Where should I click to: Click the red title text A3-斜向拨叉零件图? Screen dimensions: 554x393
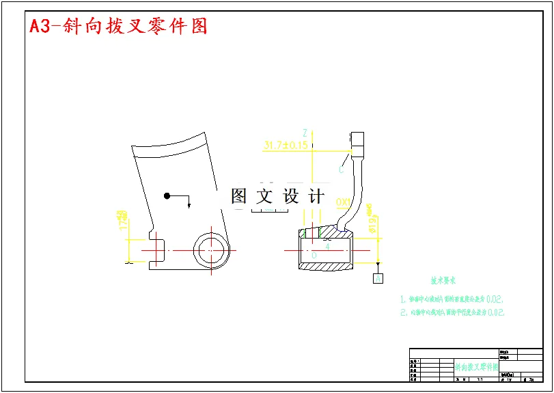[118, 27]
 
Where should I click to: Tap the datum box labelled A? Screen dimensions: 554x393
[378, 278]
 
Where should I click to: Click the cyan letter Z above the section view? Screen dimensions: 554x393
[305, 133]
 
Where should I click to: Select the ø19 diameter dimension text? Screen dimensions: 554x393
[372, 219]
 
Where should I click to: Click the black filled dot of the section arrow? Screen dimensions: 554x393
[167, 196]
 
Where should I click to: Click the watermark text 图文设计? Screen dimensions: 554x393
[277, 197]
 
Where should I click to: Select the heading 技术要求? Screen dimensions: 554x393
[443, 281]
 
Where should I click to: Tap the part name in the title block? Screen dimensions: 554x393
[476, 367]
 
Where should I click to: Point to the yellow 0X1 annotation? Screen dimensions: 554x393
[344, 202]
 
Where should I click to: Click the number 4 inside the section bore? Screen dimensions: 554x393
[327, 245]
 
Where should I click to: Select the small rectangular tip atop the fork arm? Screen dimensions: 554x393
[357, 141]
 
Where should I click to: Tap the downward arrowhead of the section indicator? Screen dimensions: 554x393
[189, 204]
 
